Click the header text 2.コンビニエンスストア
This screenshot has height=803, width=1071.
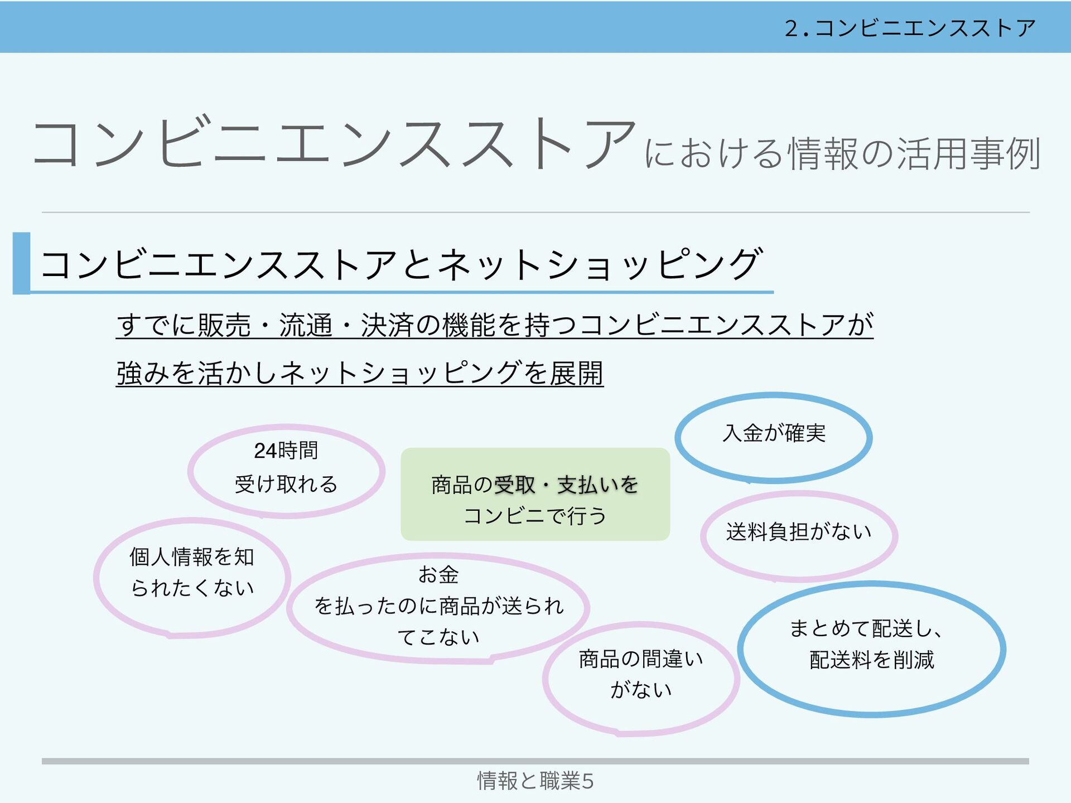coord(910,28)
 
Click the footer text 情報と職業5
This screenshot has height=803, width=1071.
coord(535,781)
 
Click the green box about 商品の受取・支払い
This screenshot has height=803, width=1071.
coord(535,495)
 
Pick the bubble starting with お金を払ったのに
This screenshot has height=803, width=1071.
coord(438,607)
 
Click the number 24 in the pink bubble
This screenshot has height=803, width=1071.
coord(266,451)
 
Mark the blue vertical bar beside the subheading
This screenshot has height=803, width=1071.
coord(21,263)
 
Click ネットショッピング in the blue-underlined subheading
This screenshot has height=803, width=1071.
coord(600,264)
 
